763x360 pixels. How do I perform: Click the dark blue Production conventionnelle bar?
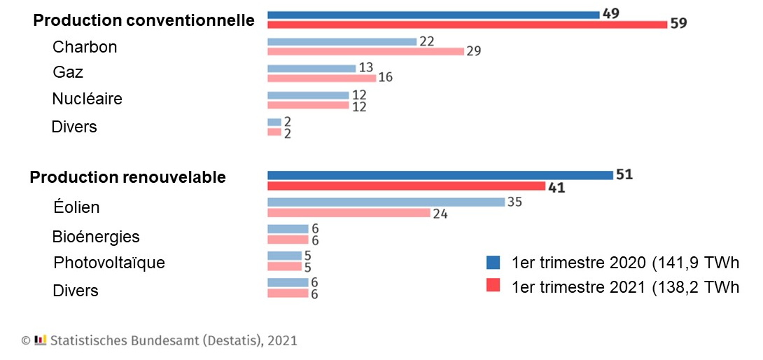pyautogui.click(x=433, y=15)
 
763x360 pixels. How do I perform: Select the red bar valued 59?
pyautogui.click(x=467, y=25)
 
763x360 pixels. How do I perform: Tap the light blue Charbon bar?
pyautogui.click(x=342, y=42)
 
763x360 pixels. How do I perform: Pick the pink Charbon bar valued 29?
pyautogui.click(x=365, y=51)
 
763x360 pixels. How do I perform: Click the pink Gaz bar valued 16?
pyautogui.click(x=321, y=78)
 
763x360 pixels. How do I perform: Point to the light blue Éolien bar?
pyautogui.click(x=386, y=202)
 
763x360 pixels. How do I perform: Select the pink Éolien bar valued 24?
pyautogui.click(x=349, y=213)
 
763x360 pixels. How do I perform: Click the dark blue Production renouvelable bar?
pyautogui.click(x=440, y=175)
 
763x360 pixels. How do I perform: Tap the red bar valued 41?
pyautogui.click(x=406, y=186)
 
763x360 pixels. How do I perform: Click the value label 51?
pyautogui.click(x=624, y=175)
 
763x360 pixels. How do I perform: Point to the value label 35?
pyautogui.click(x=516, y=202)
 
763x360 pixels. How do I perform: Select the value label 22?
pyautogui.click(x=427, y=41)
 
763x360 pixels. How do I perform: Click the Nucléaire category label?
pyautogui.click(x=87, y=99)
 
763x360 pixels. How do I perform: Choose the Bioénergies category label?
pyautogui.click(x=96, y=237)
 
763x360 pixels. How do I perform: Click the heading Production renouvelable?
pyautogui.click(x=127, y=178)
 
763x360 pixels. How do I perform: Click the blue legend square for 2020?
pyautogui.click(x=493, y=263)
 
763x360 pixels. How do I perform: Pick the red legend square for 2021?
pyautogui.click(x=493, y=287)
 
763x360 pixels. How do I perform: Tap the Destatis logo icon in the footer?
pyautogui.click(x=41, y=340)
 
